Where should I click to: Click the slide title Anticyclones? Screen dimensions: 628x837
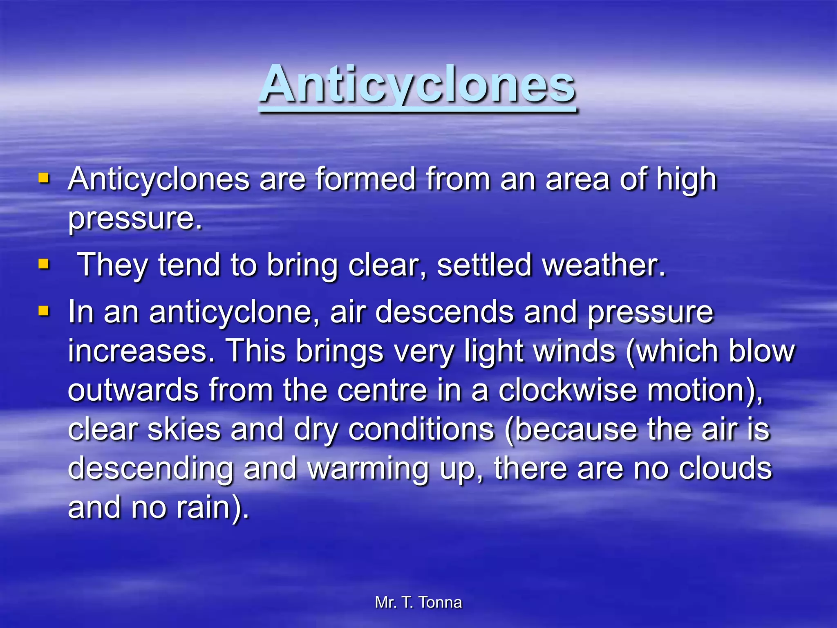click(418, 85)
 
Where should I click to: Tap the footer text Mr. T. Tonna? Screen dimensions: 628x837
click(418, 602)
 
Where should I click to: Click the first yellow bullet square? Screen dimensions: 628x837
click(44, 179)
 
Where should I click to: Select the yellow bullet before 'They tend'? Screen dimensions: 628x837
click(44, 264)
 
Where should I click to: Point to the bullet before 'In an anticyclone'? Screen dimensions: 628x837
click(44, 312)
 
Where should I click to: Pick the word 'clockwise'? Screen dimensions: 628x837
click(568, 390)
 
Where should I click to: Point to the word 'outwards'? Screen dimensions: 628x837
click(133, 390)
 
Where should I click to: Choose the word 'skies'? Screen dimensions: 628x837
click(184, 429)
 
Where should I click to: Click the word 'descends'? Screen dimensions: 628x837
click(444, 312)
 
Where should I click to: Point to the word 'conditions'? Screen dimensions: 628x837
click(421, 429)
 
